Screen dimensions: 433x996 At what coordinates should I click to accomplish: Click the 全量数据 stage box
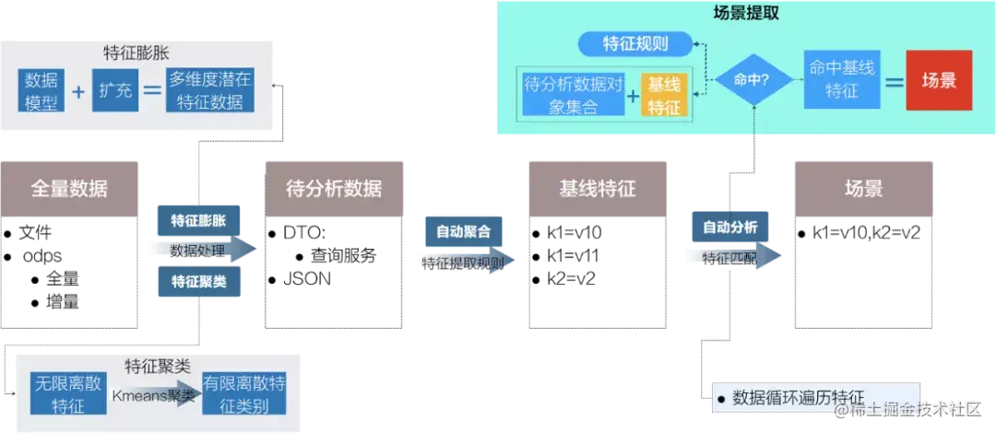click(69, 188)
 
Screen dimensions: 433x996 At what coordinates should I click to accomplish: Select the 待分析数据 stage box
click(334, 188)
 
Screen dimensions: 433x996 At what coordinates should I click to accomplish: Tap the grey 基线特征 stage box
click(597, 188)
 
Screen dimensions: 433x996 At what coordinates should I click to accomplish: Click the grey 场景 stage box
click(863, 188)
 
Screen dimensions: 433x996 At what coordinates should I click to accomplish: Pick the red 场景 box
click(939, 80)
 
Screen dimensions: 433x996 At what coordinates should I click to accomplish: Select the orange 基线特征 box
click(664, 96)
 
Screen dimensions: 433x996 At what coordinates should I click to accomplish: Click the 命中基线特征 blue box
click(843, 80)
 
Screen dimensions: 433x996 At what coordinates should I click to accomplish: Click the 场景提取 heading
click(746, 13)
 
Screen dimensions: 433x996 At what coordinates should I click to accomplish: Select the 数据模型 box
click(41, 90)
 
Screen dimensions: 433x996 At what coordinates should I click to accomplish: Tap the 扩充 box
click(115, 90)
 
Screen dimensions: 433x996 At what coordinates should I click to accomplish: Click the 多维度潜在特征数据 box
click(210, 90)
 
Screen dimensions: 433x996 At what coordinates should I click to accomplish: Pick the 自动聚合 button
click(463, 230)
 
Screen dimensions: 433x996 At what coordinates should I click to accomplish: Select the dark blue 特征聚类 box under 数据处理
click(199, 282)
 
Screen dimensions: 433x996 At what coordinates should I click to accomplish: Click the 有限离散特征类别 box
click(244, 394)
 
